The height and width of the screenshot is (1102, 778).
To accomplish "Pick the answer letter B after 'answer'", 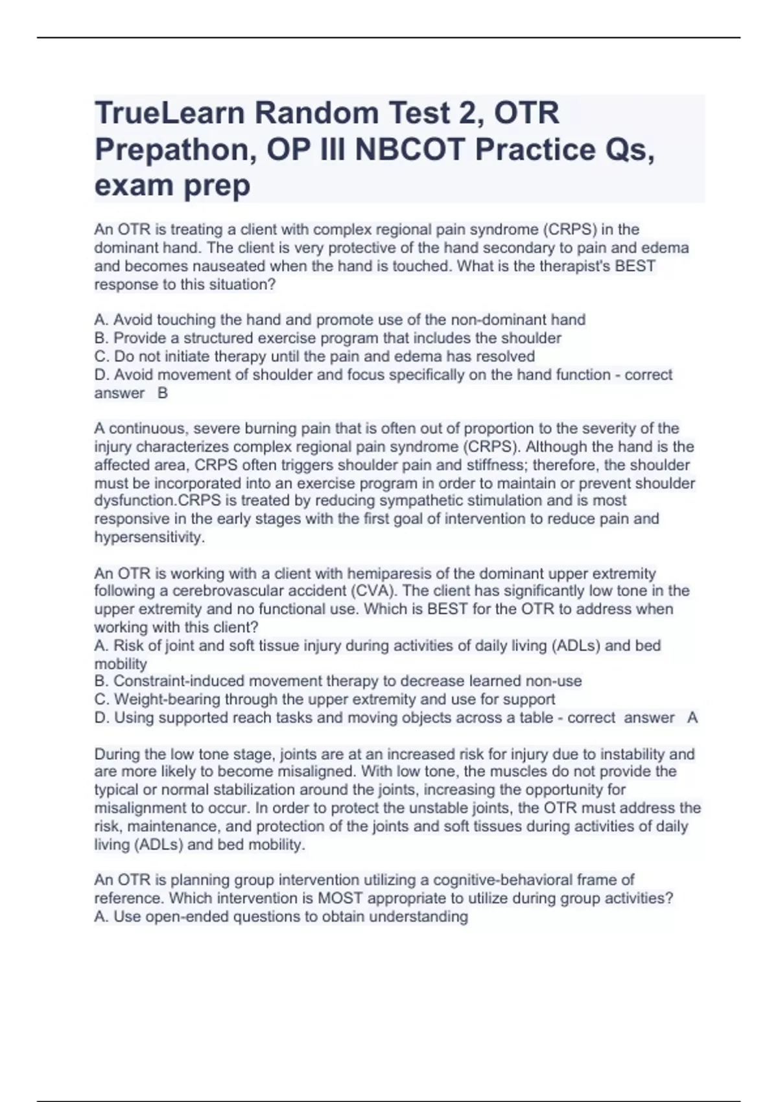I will pyautogui.click(x=163, y=393).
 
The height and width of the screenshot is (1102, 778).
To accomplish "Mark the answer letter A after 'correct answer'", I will pyautogui.click(x=692, y=718).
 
